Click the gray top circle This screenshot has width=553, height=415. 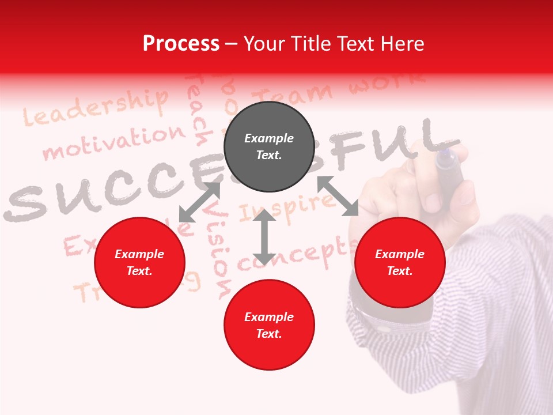pos(269,147)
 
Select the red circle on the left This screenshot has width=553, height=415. pos(139,262)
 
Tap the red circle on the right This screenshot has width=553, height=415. pos(400,262)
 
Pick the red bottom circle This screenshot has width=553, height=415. pos(269,325)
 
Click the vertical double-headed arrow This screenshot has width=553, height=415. pos(264,237)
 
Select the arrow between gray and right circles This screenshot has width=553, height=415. pos(338,196)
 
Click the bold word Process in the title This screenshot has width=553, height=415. pos(181,44)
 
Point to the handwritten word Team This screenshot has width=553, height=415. pos(294,95)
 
